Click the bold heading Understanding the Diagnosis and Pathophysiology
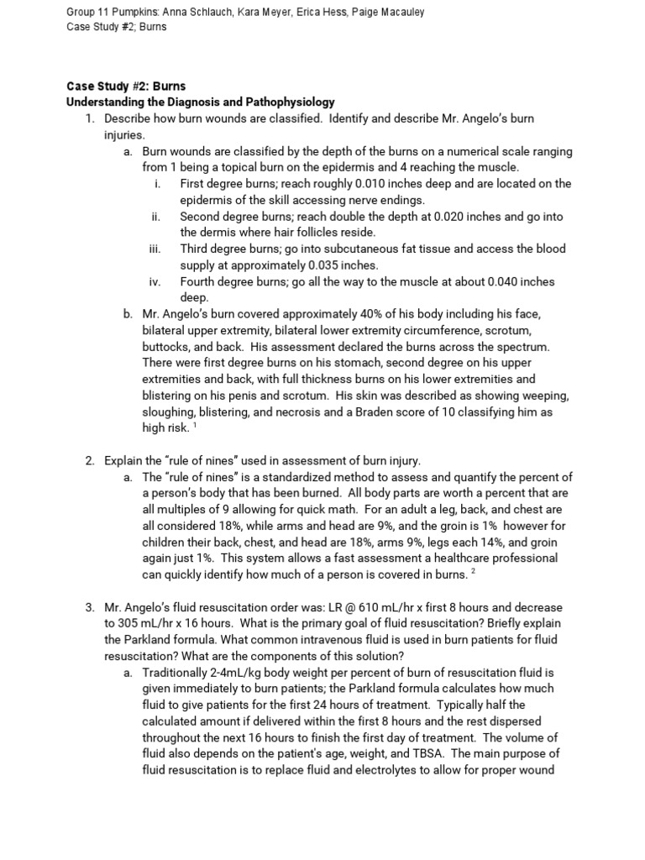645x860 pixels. click(x=201, y=102)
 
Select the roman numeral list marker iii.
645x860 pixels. click(x=155, y=249)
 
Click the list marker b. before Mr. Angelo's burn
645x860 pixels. click(x=128, y=314)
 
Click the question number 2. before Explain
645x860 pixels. click(x=89, y=461)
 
